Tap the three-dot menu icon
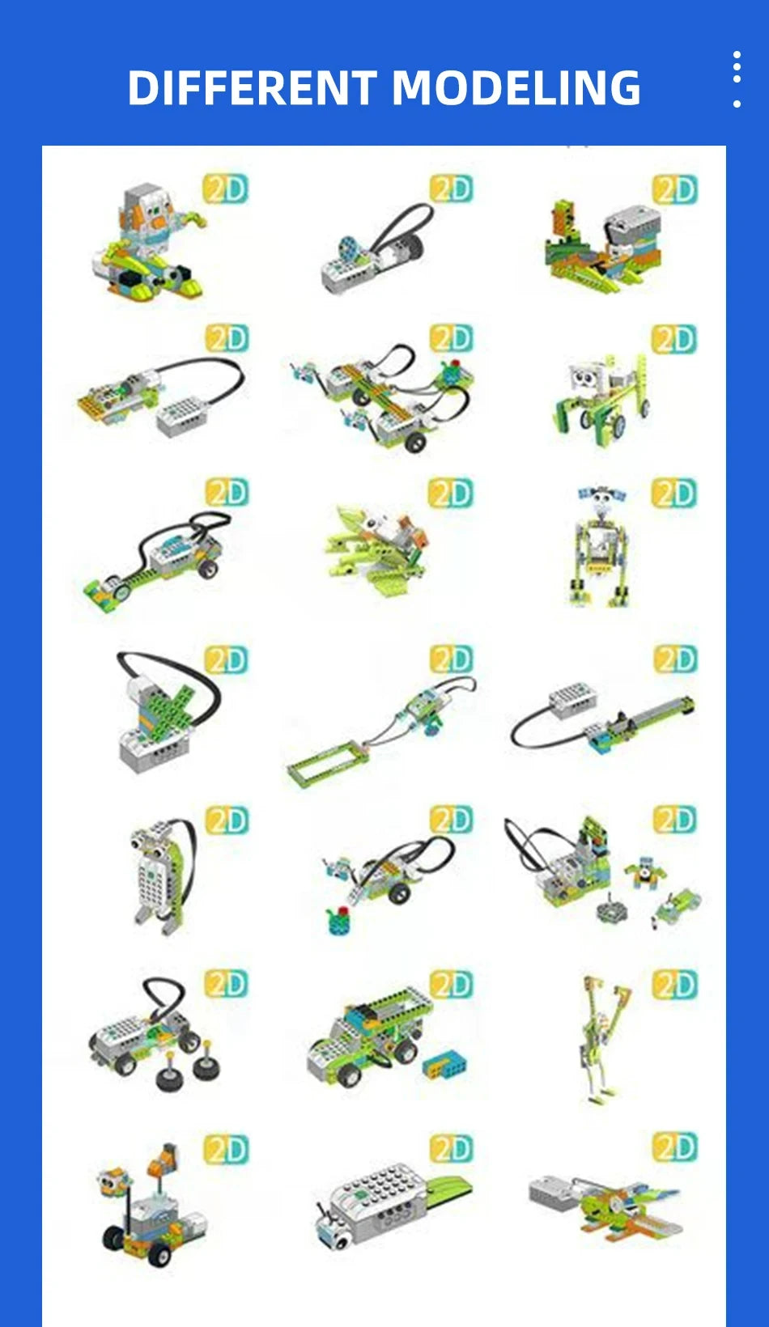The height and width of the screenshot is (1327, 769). click(736, 79)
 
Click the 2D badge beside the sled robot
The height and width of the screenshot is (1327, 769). click(225, 189)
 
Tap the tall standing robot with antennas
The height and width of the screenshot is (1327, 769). click(601, 546)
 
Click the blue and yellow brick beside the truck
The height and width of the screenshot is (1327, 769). click(444, 1065)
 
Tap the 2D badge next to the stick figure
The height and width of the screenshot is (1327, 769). click(674, 984)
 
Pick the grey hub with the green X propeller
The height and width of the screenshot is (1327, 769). click(162, 712)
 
